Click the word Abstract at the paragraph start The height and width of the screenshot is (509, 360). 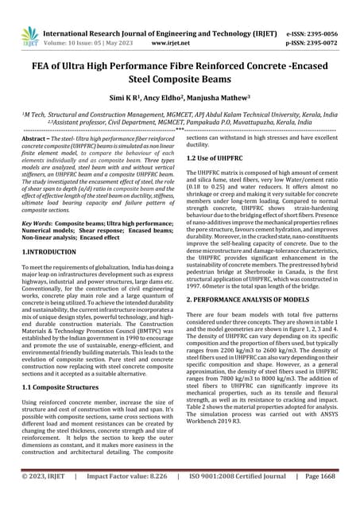click(x=36, y=139)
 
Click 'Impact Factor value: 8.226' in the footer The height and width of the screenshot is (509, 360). click(x=131, y=498)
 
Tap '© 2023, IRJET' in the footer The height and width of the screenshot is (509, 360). click(x=49, y=498)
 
